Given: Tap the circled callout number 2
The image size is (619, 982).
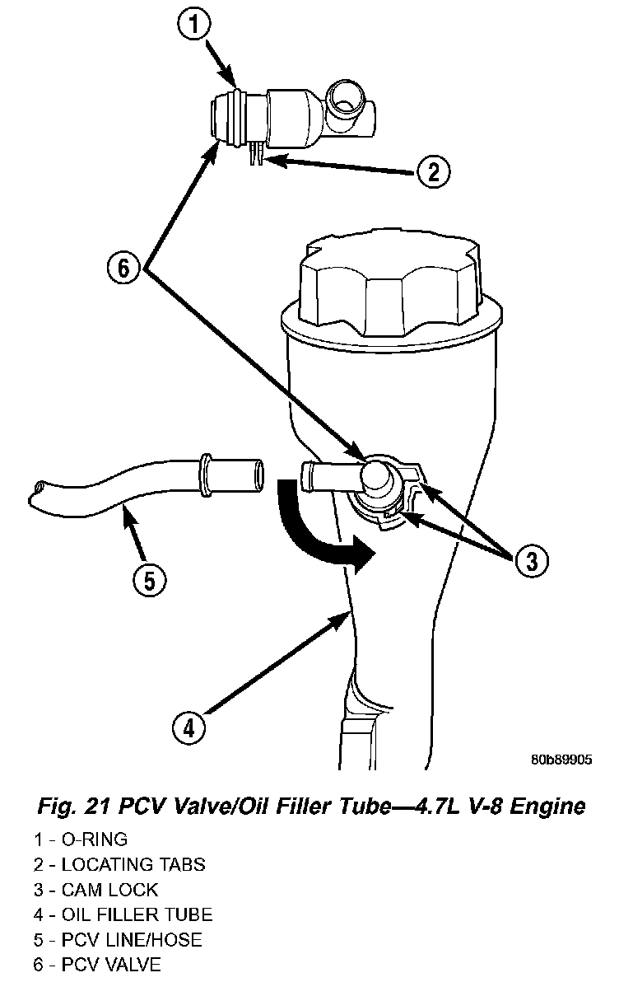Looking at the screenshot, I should click(x=432, y=171).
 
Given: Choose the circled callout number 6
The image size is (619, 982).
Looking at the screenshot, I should click(x=123, y=269).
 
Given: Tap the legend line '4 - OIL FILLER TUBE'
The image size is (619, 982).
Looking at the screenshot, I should click(x=123, y=914).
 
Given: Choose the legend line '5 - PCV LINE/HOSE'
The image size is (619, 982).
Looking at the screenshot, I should click(x=118, y=939).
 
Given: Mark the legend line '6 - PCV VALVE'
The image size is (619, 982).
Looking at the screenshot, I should click(x=97, y=964).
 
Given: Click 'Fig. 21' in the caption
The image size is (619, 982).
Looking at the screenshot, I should click(x=81, y=805).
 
